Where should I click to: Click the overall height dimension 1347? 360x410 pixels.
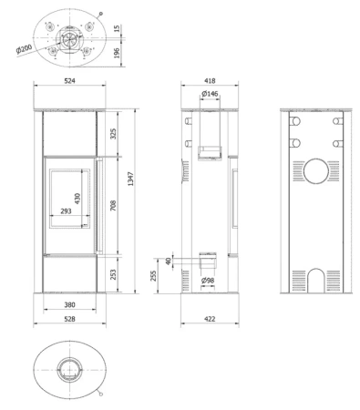pos(130,179)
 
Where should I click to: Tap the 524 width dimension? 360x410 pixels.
pos(69,81)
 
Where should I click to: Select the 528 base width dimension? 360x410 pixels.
pos(69,319)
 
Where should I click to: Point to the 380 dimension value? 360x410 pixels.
pos(69,304)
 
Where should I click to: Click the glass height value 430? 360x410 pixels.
pos(77,199)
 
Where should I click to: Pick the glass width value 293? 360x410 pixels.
pos(66,210)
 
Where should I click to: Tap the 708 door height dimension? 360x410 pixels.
pos(113,206)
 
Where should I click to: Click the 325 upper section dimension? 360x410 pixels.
pos(113,134)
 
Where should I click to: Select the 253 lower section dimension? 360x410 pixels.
pos(113,275)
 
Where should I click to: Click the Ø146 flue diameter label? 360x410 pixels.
pos(210,94)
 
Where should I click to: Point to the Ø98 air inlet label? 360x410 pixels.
pos(208,281)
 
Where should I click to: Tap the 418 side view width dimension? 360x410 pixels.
pos(210,81)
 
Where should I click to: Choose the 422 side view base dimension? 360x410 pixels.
pos(210,319)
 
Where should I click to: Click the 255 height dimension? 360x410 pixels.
pos(153,276)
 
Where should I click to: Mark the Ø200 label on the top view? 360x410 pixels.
pos(25,48)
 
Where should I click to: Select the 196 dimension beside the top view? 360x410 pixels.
pos(117,53)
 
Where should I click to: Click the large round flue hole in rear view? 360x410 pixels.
pos(316,171)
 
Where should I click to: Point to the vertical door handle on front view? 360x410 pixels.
pos(99,205)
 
